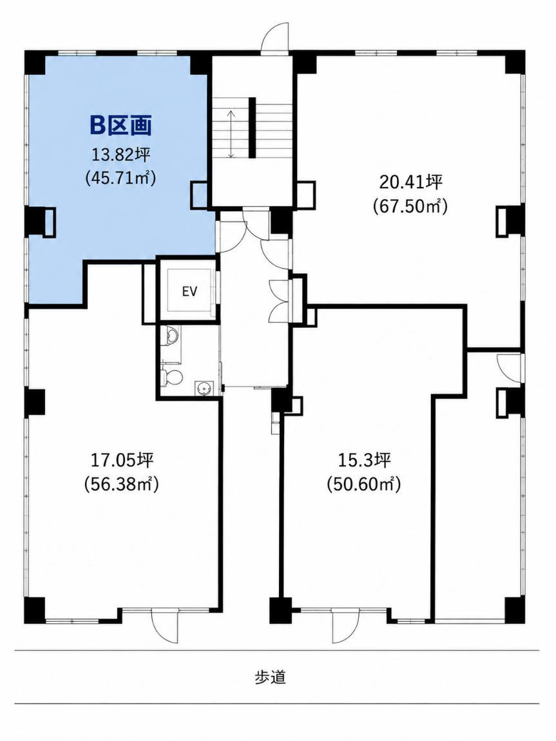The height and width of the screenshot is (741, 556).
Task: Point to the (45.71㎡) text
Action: [120, 178]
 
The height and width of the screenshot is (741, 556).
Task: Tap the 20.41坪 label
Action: [410, 182]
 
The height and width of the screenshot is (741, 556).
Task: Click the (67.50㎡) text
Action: [410, 206]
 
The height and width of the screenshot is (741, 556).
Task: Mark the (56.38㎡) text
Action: [121, 483]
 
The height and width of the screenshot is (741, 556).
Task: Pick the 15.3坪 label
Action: [364, 460]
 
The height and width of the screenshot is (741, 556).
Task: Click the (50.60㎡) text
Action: [364, 485]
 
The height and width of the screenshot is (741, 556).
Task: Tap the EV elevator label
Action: [189, 291]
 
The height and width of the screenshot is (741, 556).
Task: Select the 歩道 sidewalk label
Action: [271, 677]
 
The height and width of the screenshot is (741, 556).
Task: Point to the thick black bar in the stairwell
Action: [253, 127]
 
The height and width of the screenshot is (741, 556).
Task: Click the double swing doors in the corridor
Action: [282, 300]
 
